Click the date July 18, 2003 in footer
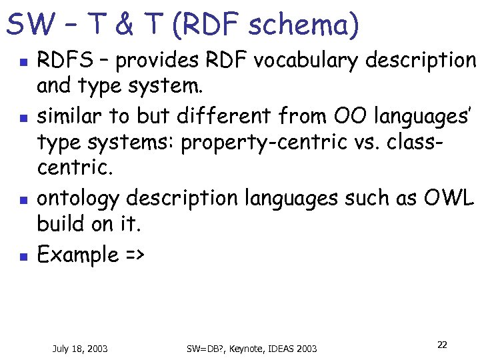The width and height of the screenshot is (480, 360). [x=80, y=348]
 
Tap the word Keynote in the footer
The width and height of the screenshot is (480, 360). [x=243, y=348]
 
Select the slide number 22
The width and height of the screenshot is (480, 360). [x=442, y=345]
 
